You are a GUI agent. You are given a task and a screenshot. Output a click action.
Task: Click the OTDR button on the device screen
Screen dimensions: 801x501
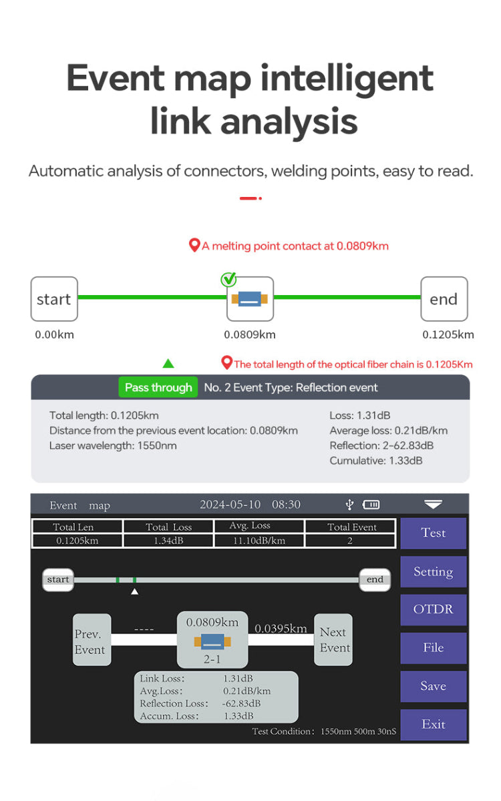[x=433, y=609]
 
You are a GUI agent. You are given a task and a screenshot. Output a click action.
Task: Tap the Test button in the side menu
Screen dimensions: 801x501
[x=433, y=533]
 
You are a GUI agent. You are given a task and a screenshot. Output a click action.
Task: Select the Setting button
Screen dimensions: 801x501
[x=433, y=571]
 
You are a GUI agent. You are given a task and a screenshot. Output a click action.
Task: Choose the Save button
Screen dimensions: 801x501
[x=433, y=686]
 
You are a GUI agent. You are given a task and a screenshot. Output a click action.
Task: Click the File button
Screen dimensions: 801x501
[x=433, y=647]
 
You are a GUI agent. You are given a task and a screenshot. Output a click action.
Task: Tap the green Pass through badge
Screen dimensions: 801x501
[x=158, y=388]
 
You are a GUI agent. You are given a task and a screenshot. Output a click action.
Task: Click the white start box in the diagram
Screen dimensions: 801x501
[x=54, y=299]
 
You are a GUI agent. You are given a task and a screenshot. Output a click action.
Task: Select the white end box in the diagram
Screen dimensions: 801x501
[x=444, y=299]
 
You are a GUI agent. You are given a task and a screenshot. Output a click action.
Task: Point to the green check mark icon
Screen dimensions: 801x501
[x=228, y=279]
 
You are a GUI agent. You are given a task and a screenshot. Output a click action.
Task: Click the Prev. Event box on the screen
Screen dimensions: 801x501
[x=92, y=641]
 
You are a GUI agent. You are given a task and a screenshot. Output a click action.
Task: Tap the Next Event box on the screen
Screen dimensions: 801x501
[x=333, y=640]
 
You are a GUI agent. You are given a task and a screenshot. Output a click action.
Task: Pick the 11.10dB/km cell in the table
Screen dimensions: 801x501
[x=259, y=541]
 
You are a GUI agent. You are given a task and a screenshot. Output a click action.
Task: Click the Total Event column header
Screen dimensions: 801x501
[x=351, y=527]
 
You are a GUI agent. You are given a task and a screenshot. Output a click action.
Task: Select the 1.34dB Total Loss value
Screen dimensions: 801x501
[x=168, y=541]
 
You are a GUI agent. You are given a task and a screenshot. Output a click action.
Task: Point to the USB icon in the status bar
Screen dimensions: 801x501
[x=349, y=505]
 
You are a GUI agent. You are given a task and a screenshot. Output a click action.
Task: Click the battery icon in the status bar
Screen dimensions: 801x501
[x=371, y=505]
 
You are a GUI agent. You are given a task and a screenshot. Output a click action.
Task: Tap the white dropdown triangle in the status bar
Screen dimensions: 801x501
[x=433, y=505]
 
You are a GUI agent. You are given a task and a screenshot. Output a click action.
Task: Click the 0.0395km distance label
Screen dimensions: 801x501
[x=281, y=629]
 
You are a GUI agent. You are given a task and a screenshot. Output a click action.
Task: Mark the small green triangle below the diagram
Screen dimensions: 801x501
[x=168, y=364]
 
